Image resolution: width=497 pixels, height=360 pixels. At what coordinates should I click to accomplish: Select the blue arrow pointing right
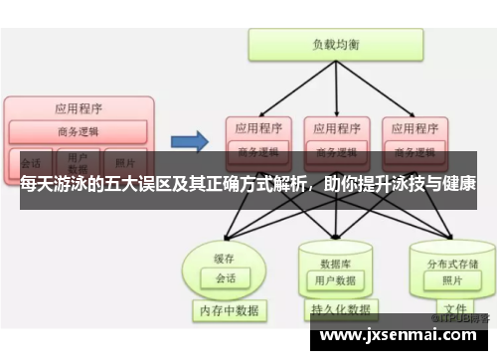(x=190, y=140)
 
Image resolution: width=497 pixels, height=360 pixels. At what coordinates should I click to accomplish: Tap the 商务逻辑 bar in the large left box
(x=78, y=131)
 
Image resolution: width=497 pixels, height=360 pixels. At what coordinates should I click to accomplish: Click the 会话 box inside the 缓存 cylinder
(x=226, y=277)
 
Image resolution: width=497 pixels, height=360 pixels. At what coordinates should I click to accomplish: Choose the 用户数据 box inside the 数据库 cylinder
(x=334, y=280)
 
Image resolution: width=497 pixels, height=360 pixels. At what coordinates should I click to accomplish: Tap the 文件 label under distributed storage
(x=455, y=308)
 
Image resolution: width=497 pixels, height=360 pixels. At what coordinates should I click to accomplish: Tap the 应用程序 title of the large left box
(x=78, y=107)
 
